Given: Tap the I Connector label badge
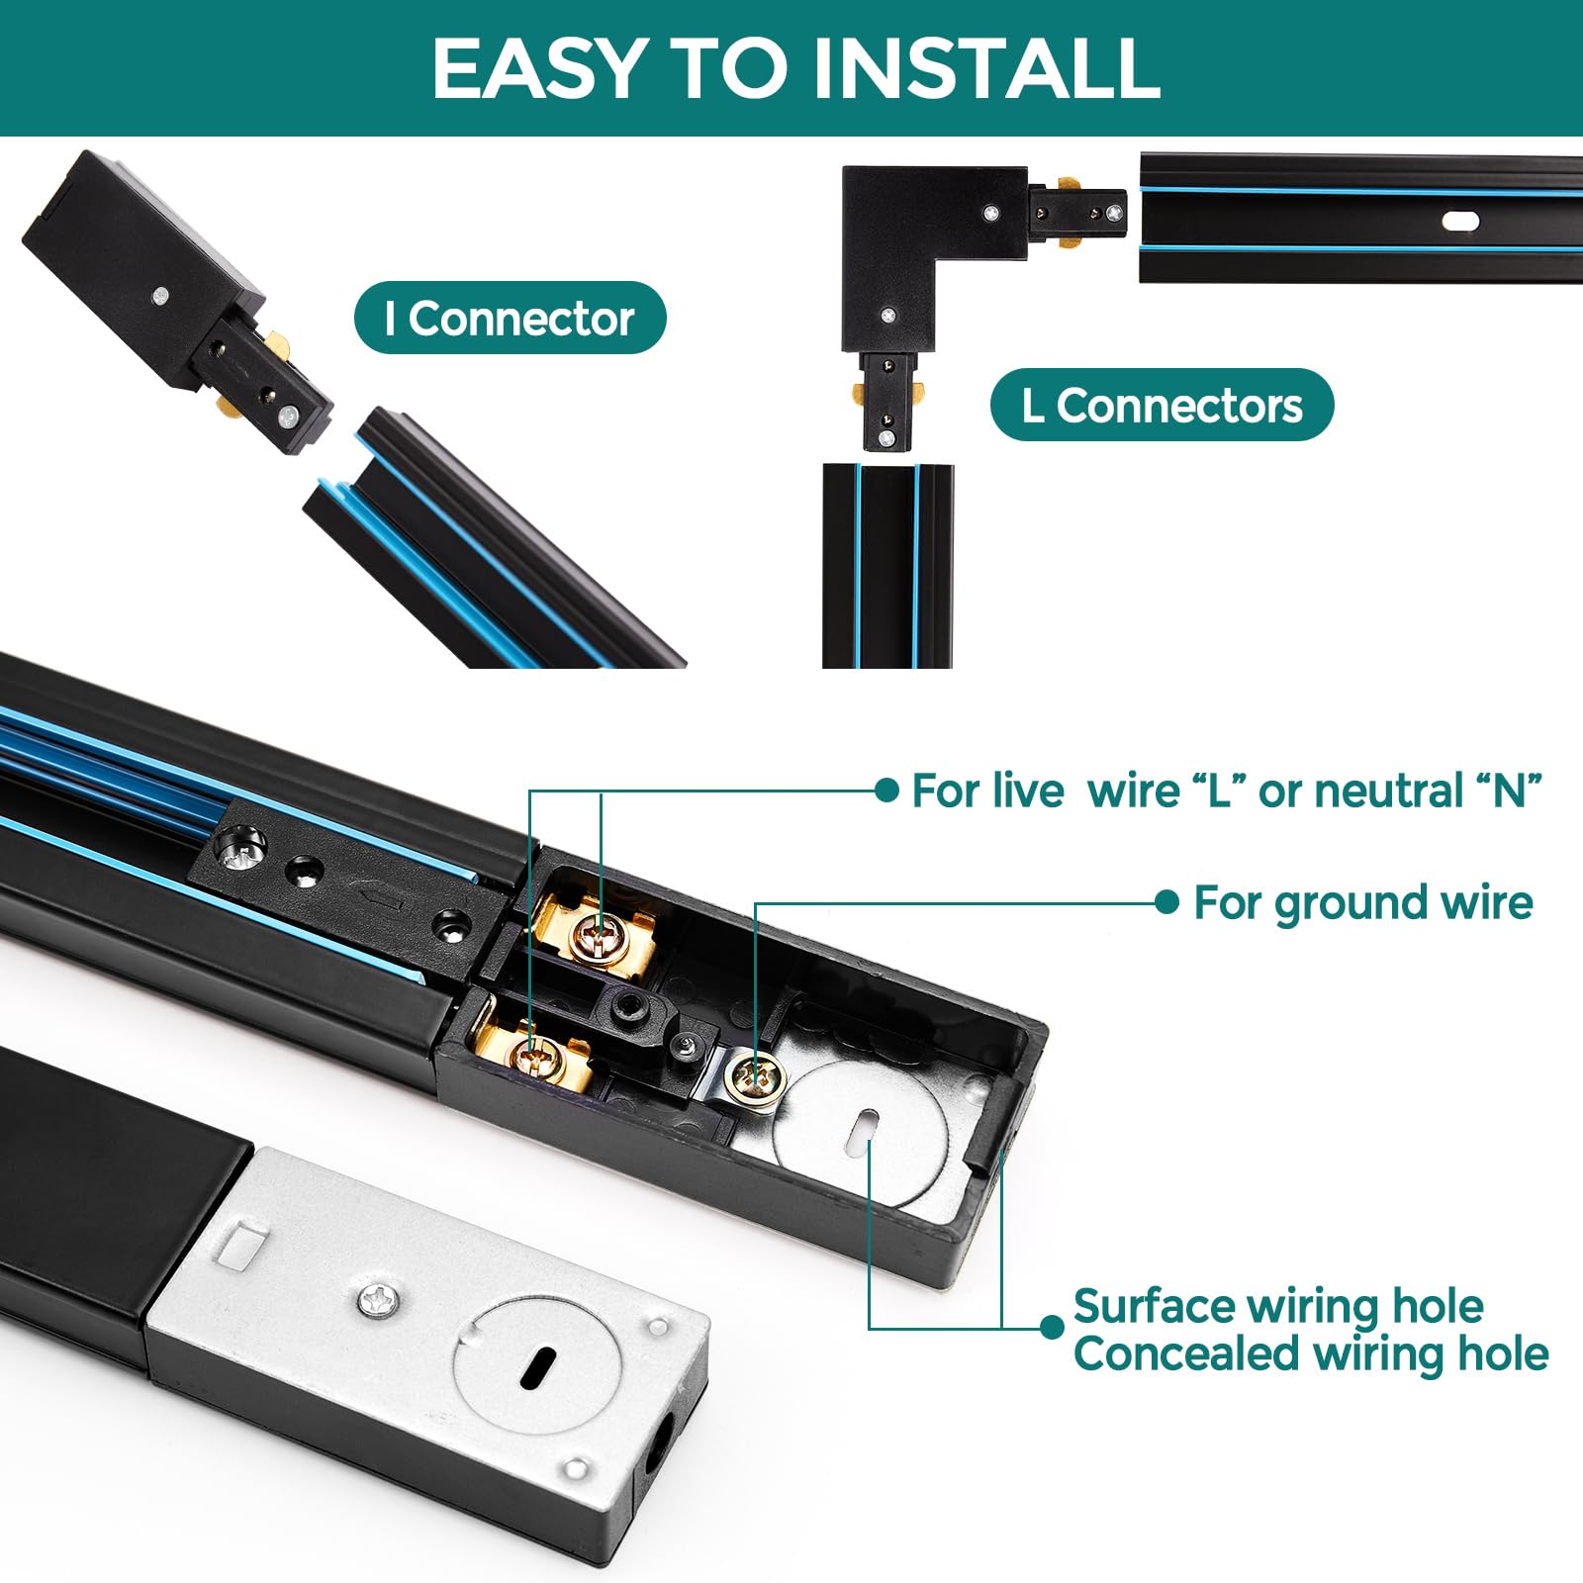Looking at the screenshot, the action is pyautogui.click(x=511, y=318).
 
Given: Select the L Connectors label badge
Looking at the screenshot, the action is pyautogui.click(x=1163, y=405).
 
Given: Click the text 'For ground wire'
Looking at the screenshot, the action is pyautogui.click(x=1363, y=902).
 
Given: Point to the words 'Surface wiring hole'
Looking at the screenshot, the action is pyautogui.click(x=1278, y=1306).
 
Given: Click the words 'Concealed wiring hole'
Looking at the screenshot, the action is pyautogui.click(x=1311, y=1353).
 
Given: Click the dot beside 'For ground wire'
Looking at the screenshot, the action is pyautogui.click(x=1167, y=901).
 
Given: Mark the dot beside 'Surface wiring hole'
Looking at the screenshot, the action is pyautogui.click(x=1053, y=1327).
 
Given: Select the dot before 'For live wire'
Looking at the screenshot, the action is pyautogui.click(x=887, y=790).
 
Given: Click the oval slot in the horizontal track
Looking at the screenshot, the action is pyautogui.click(x=1460, y=221).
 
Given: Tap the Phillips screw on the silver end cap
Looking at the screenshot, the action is pyautogui.click(x=379, y=1299).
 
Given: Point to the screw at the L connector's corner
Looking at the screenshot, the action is pyautogui.click(x=989, y=212).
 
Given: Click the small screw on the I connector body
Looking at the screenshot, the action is pyautogui.click(x=159, y=294).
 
